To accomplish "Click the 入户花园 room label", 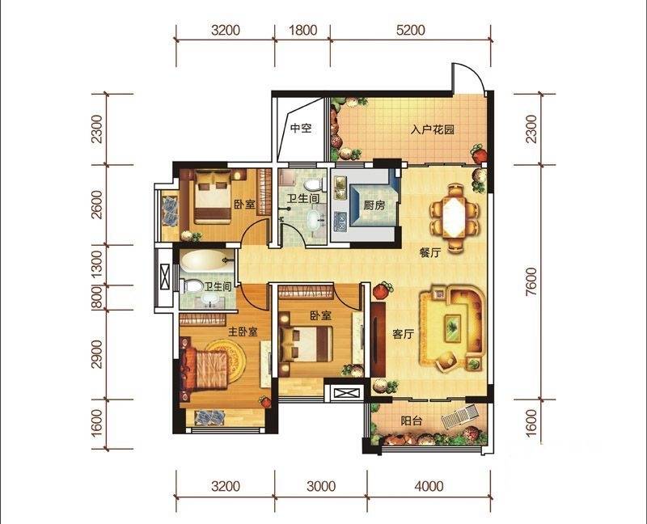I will click(x=428, y=129).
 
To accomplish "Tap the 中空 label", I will click(x=301, y=129).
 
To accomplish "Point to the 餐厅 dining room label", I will click(x=429, y=252).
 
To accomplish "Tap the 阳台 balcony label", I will click(x=412, y=420).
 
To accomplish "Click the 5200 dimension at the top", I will click(x=411, y=32).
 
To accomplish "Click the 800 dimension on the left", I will click(x=97, y=297).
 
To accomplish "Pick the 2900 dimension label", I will click(x=97, y=354).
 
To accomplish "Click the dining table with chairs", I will click(x=454, y=217).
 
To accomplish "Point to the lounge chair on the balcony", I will click(x=458, y=419).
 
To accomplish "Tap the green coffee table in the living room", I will click(x=451, y=327).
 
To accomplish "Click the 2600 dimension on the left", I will click(x=97, y=205).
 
